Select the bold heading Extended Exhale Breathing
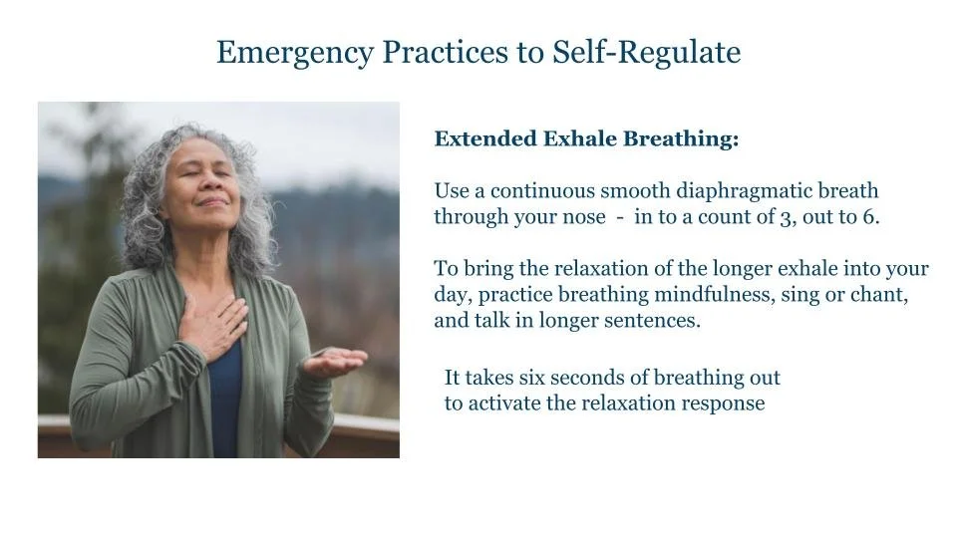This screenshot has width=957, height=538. (586, 139)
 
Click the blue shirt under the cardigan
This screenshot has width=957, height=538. (225, 399)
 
